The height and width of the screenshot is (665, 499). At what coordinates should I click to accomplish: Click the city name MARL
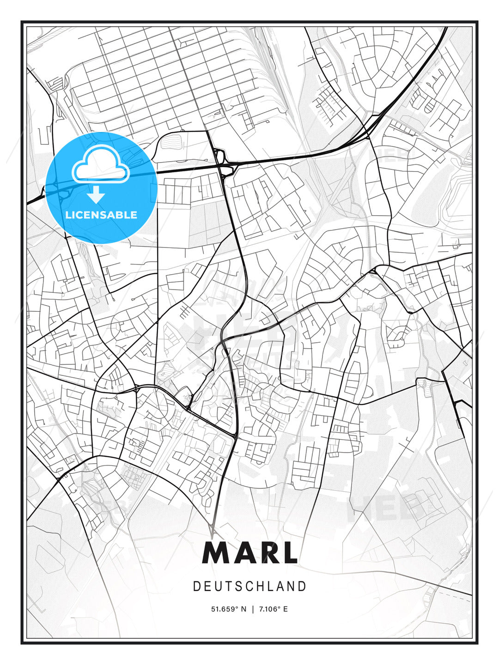[x=249, y=553]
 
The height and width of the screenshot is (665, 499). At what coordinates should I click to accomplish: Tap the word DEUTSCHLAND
[x=249, y=586]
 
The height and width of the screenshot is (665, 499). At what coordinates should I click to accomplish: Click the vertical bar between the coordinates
[x=252, y=609]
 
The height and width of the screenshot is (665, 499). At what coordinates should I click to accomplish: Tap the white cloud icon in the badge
[x=101, y=164]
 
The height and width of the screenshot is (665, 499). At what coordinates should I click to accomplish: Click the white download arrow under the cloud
[x=96, y=195]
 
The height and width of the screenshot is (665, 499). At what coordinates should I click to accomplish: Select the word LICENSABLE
[x=101, y=215]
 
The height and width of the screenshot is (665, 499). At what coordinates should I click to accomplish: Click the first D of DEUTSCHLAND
[x=196, y=586]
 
